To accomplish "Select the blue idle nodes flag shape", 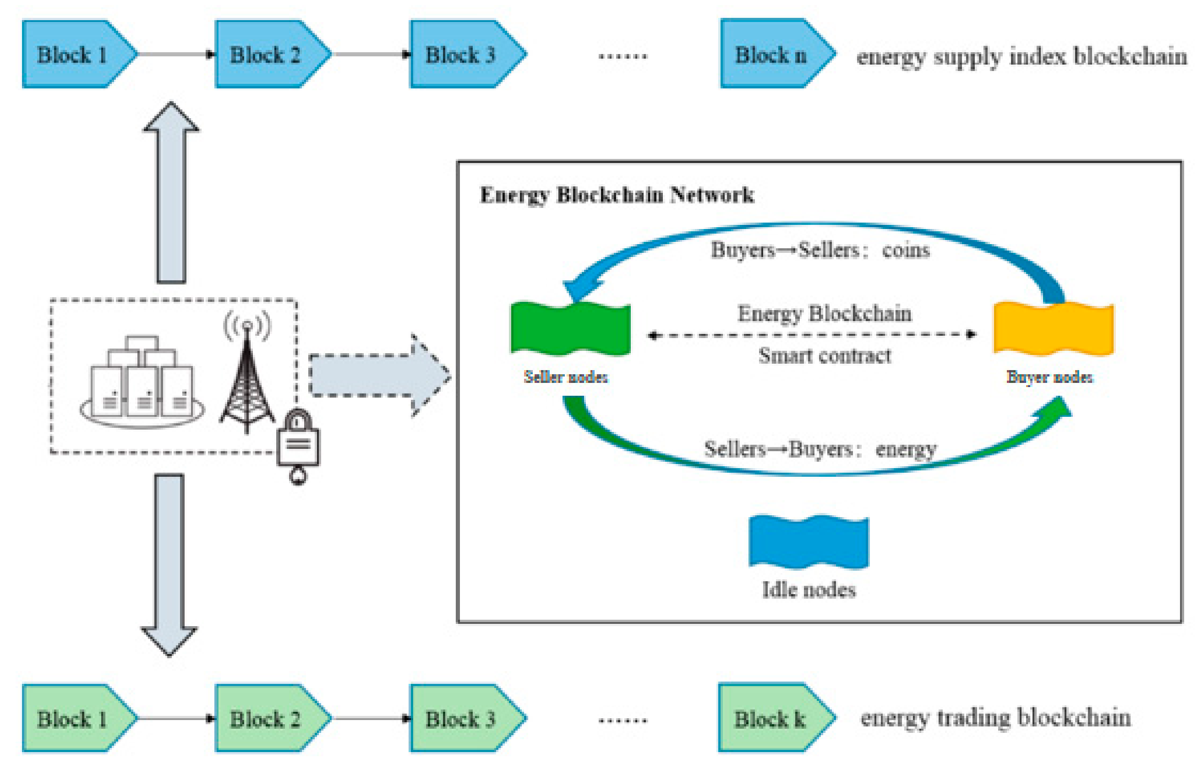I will [809, 542].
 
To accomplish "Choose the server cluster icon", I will [142, 382].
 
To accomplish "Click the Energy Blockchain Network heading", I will [617, 195].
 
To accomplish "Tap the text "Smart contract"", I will [824, 356].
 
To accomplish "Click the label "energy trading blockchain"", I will [995, 717].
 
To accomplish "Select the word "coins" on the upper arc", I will [906, 250].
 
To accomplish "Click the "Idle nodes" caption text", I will [809, 590].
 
